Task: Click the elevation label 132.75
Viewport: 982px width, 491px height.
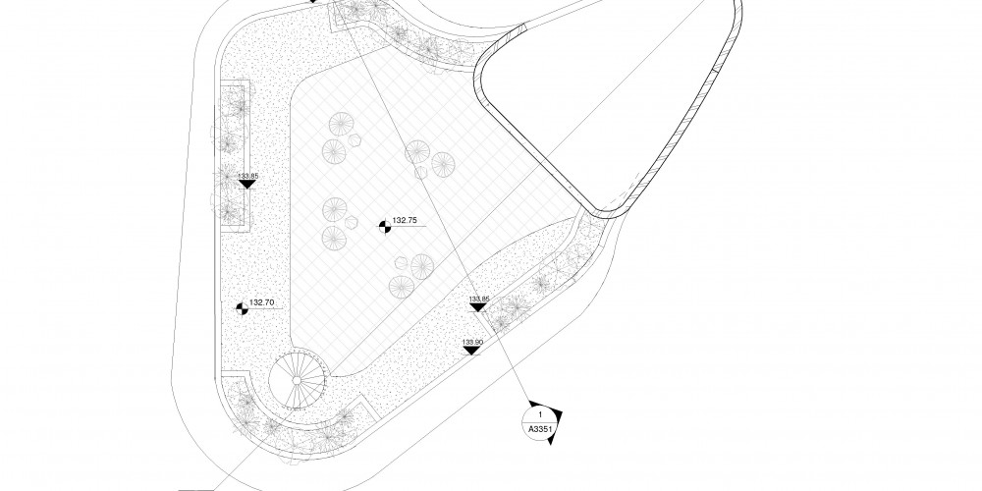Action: click(406, 221)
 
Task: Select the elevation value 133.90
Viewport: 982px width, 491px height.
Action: click(473, 341)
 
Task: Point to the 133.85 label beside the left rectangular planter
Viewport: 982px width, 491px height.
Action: click(247, 176)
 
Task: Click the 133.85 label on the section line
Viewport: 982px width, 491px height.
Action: click(478, 299)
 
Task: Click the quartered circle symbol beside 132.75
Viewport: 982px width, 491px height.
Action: click(385, 227)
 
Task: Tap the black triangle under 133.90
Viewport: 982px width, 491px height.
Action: click(472, 350)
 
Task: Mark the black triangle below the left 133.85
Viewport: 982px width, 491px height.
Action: click(247, 184)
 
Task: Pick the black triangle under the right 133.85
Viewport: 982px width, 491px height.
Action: click(478, 307)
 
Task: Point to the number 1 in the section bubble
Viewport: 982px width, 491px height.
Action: click(540, 416)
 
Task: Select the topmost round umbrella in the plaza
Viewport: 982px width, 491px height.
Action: click(341, 125)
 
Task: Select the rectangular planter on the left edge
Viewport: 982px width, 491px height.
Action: click(231, 157)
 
